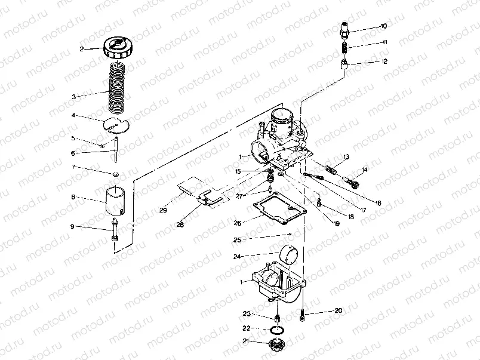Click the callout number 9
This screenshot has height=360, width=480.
click(72, 226)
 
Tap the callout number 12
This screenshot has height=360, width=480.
click(384, 61)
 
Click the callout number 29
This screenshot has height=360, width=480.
click(162, 210)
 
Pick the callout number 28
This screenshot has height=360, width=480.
click(180, 224)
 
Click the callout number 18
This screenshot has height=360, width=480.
click(350, 217)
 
